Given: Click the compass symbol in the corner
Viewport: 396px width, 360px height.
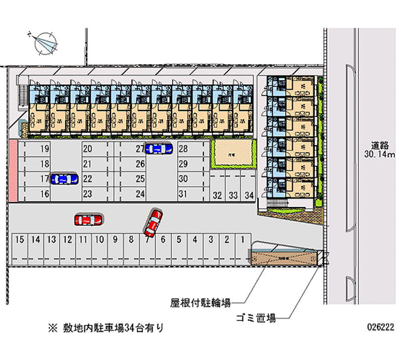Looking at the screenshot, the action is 44,41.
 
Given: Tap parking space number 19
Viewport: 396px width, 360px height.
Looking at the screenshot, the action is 45,149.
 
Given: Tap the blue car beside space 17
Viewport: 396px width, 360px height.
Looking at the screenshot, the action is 64,179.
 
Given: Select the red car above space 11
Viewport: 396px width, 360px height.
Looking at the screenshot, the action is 88,219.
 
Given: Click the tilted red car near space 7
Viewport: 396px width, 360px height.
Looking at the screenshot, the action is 153,222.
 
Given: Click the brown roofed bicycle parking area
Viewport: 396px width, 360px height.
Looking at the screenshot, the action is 283,257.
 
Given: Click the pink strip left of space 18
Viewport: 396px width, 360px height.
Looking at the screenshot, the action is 13,171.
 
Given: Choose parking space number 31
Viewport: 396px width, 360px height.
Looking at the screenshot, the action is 183,194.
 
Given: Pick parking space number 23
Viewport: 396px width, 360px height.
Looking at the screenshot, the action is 88,194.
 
